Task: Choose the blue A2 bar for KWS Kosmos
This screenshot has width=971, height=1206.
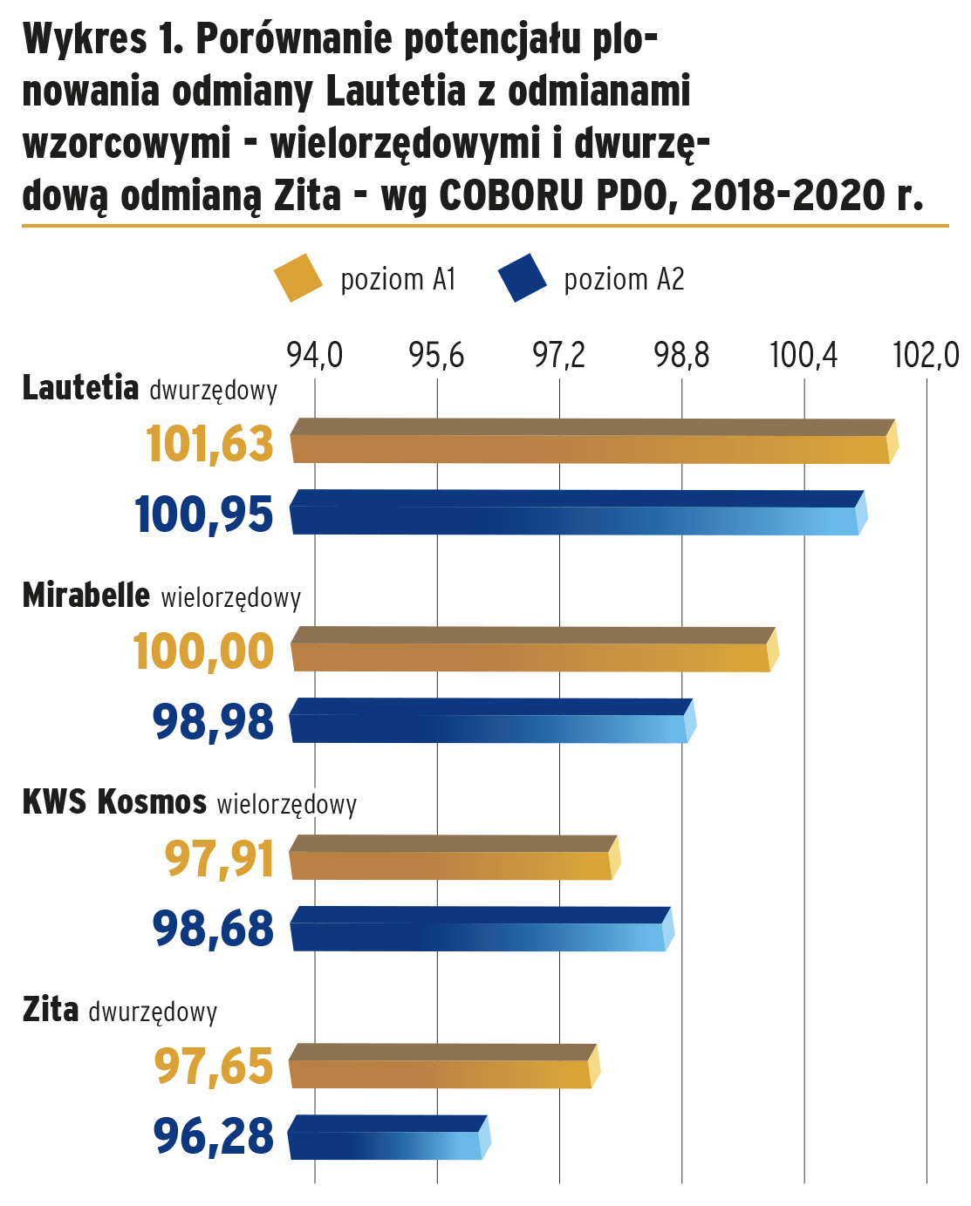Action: (481, 929)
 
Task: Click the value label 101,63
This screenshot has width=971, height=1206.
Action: (209, 444)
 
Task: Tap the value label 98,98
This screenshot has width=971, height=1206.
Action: (213, 722)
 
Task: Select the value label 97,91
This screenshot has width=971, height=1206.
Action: (219, 859)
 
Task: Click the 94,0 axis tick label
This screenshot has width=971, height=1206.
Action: (315, 356)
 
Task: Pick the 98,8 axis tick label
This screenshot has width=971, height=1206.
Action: (682, 356)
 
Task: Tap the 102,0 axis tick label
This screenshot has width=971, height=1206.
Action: (926, 356)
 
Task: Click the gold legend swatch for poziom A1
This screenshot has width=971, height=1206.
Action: (299, 278)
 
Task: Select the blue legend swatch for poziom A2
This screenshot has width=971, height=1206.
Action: (523, 278)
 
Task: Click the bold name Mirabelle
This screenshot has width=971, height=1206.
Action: (86, 595)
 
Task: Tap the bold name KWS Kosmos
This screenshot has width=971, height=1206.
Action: (114, 801)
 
